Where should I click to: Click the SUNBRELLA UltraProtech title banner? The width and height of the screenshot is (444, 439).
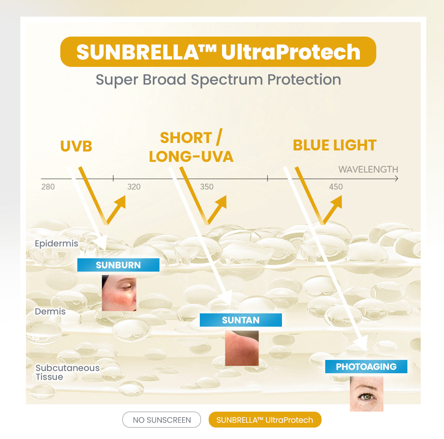pos(218,52)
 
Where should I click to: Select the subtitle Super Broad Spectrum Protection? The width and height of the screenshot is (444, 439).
pos(218,80)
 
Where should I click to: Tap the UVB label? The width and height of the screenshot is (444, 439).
pos(76,146)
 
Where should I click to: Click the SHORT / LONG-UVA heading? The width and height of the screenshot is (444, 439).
pos(191,147)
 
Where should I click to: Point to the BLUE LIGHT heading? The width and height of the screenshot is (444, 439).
pos(334,145)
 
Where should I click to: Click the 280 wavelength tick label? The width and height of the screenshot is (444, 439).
pos(48,187)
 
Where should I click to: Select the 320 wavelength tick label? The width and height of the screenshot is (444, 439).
pos(134,187)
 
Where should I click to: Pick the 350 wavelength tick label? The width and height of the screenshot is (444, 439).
pos(207,187)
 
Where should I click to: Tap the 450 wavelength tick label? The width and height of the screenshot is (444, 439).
pos(336,187)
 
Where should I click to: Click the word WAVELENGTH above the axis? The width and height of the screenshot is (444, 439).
pos(368,169)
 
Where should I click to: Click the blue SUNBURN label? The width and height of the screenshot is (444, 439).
pos(118,265)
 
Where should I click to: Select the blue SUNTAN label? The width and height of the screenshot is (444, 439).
pos(241,320)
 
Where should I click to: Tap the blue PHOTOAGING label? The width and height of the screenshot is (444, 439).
pos(366,367)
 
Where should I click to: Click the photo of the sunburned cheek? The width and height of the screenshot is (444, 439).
pos(119,293)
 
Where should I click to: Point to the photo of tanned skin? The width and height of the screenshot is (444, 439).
pos(242,348)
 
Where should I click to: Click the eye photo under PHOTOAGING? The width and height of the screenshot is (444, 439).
pos(367,394)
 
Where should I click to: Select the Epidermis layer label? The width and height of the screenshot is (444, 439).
pos(57,244)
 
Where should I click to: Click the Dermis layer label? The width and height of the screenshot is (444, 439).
pos(50,312)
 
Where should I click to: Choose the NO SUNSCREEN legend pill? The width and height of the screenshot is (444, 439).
pos(162,420)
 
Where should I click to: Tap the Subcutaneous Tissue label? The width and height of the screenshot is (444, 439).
pos(67,372)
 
